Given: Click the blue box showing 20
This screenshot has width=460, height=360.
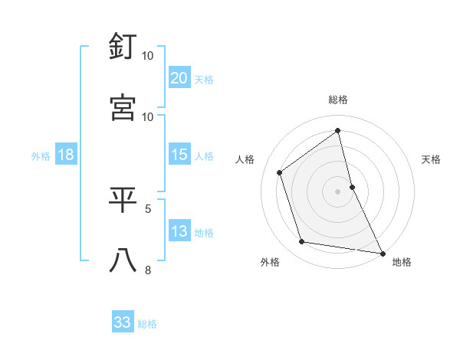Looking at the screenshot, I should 179,78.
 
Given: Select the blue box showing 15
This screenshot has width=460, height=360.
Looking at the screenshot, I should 179,155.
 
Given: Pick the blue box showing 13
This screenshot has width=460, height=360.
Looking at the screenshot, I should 179,231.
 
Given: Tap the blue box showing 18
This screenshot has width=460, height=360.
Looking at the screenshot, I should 66,155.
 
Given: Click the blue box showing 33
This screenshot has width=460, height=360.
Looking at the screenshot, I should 123,322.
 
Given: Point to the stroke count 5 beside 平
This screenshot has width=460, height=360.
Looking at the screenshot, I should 148,208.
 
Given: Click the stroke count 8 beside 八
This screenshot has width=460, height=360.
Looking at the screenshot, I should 148,269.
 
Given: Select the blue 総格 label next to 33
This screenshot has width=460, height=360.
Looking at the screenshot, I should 147,324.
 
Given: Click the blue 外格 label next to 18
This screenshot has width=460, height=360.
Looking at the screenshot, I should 41,155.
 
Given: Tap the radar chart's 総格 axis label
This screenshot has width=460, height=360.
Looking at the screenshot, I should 338,100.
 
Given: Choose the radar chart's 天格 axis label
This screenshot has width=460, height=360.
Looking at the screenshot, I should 431,159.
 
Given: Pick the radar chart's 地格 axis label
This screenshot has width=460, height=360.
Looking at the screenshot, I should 402,262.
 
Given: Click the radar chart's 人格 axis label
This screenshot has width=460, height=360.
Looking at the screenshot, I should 245,159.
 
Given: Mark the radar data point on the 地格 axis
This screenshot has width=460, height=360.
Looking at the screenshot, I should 382,252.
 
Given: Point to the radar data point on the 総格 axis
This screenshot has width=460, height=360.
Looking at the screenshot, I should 338,130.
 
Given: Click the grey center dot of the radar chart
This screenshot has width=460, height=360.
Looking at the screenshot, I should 338,191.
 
